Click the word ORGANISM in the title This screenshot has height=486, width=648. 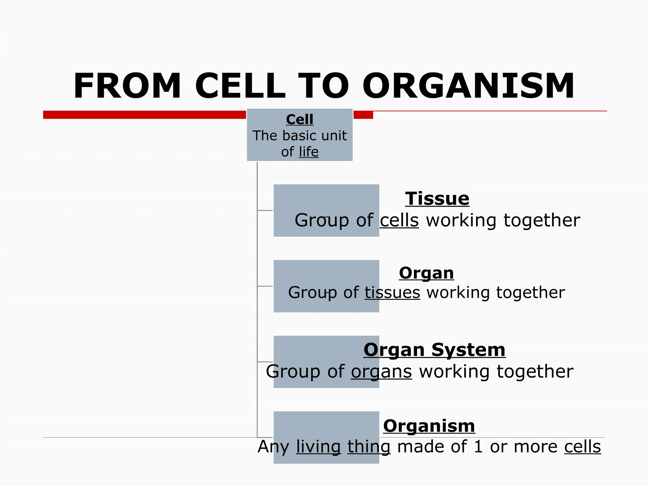pyautogui.click(x=468, y=86)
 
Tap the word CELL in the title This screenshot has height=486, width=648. pyautogui.click(x=240, y=86)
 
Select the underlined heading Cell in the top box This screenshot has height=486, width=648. pyautogui.click(x=300, y=120)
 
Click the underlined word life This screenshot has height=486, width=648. pyautogui.click(x=308, y=152)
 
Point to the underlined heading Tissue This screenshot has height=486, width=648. pyautogui.click(x=437, y=199)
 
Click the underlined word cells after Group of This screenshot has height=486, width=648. pyautogui.click(x=399, y=220)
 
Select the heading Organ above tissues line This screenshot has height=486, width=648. pyautogui.click(x=426, y=273)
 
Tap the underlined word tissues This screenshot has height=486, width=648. pyautogui.click(x=392, y=292)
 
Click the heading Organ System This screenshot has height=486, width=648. pyautogui.click(x=434, y=350)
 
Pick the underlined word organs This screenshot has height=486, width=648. pyautogui.click(x=381, y=371)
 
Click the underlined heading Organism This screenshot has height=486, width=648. pyautogui.click(x=429, y=426)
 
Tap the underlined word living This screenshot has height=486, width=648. pyautogui.click(x=318, y=447)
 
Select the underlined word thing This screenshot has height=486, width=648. pyautogui.click(x=369, y=447)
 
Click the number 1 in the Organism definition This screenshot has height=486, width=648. pyautogui.click(x=478, y=447)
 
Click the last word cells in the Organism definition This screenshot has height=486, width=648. pyautogui.click(x=582, y=447)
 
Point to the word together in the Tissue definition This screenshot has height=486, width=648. pyautogui.click(x=542, y=220)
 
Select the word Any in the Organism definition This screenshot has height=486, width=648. pyautogui.click(x=273, y=447)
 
